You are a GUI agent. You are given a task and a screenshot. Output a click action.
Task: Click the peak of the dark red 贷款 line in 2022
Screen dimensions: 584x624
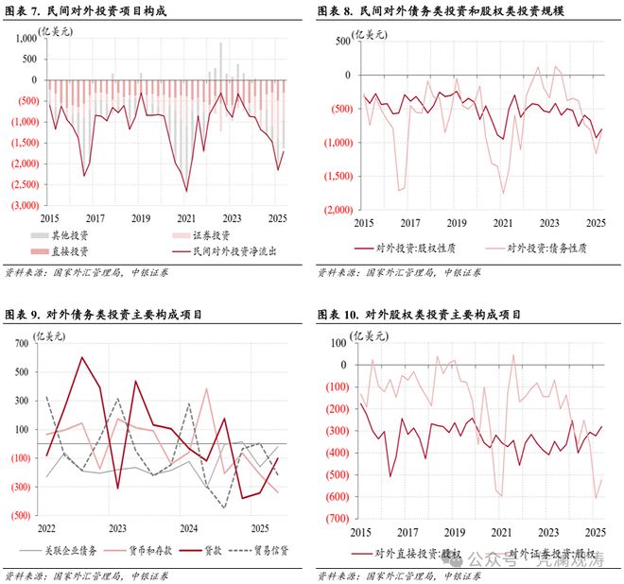tap(81, 357)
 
